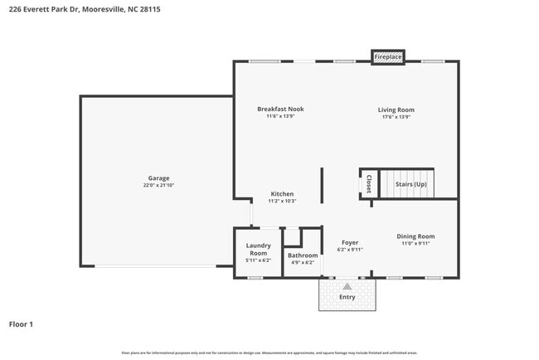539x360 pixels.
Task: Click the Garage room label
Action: tap(158, 178)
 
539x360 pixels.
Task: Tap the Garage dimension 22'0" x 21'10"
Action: tap(158, 185)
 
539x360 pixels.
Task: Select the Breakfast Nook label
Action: tap(280, 109)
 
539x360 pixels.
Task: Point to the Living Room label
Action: tap(396, 109)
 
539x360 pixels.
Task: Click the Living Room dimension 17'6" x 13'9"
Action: tap(396, 117)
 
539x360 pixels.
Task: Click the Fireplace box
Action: tap(387, 56)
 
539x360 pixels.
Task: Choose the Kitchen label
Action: tap(282, 194)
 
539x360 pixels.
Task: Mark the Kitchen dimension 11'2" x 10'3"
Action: tap(282, 201)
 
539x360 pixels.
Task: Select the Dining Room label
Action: tap(415, 236)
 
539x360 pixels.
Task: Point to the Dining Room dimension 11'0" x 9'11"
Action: tap(415, 243)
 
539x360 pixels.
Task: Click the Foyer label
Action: tap(350, 242)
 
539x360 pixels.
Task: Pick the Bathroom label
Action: tap(303, 255)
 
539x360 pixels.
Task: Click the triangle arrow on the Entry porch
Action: tap(347, 285)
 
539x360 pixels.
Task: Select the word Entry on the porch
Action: tap(347, 297)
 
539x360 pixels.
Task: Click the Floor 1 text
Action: tap(21, 324)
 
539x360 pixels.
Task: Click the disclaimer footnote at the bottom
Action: tap(269, 353)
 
